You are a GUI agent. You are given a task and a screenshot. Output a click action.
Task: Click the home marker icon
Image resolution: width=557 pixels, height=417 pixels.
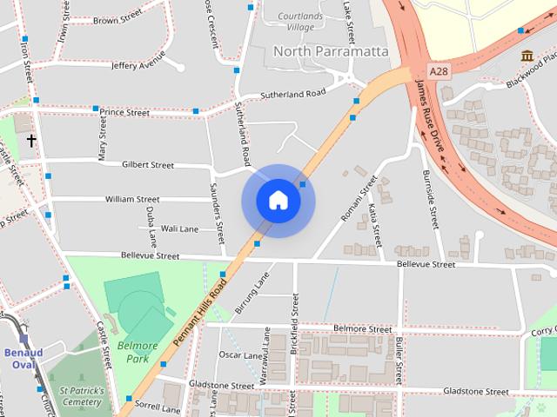pyautogui.click(x=278, y=201)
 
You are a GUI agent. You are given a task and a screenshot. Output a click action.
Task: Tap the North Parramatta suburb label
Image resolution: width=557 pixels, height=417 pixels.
pyautogui.click(x=331, y=51)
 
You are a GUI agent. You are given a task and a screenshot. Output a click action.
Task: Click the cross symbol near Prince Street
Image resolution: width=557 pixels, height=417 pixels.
pyautogui.click(x=31, y=140)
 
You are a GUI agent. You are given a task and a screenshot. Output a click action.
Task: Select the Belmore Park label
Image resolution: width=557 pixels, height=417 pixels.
pyautogui.click(x=137, y=352)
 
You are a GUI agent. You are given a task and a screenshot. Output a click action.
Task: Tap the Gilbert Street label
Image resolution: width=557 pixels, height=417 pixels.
pyautogui.click(x=148, y=164)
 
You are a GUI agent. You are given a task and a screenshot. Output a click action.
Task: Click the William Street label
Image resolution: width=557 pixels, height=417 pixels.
pyautogui.click(x=132, y=199)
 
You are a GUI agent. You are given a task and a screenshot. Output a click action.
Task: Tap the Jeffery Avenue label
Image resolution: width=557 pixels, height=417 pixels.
pyautogui.click(x=138, y=65)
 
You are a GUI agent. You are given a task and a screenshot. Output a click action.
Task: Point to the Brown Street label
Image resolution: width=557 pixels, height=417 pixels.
pyautogui.click(x=117, y=20)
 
